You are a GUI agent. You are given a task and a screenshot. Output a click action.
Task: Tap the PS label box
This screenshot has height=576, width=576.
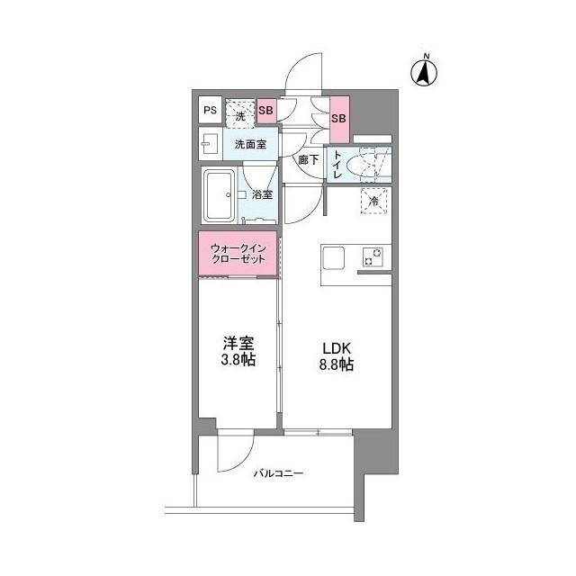pos(209,111)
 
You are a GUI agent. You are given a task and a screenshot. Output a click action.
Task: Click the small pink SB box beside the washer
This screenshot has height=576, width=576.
pos(265,111)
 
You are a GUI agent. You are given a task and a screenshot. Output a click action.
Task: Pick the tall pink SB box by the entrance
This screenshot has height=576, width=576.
pos(338,119)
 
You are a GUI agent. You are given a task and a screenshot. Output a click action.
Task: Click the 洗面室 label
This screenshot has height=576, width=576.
pos(249,144)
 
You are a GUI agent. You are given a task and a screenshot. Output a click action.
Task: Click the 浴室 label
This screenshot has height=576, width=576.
pos(262,194)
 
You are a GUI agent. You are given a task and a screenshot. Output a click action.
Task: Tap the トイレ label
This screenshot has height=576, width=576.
pos(337,165)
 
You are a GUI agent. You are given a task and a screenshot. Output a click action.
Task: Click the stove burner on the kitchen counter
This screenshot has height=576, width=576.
pos(373,256)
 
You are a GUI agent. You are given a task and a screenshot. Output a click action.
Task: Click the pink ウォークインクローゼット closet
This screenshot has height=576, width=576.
pos(238,253)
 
